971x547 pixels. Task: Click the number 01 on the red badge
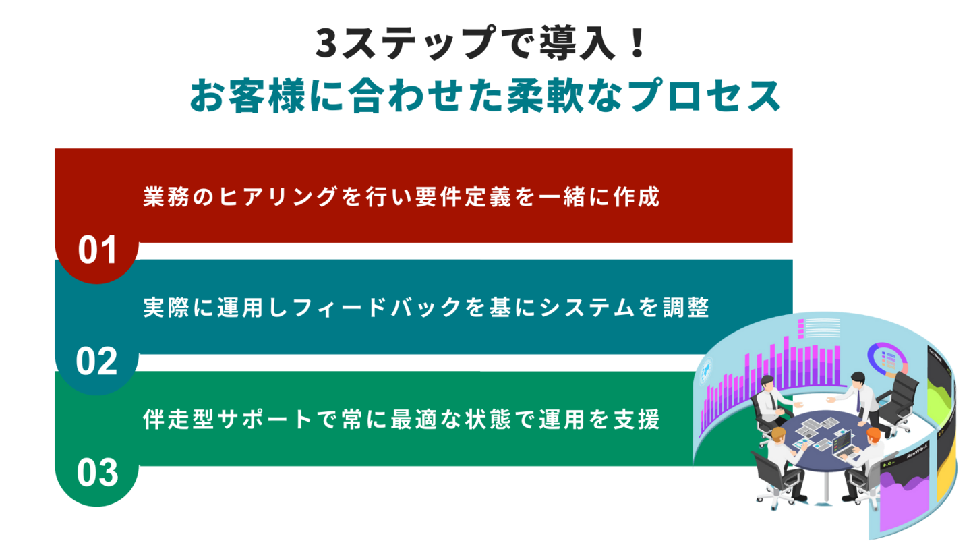click(98, 250)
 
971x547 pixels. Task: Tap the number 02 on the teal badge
click(97, 362)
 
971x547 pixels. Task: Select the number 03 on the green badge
click(97, 473)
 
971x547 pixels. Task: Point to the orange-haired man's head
click(873, 435)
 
